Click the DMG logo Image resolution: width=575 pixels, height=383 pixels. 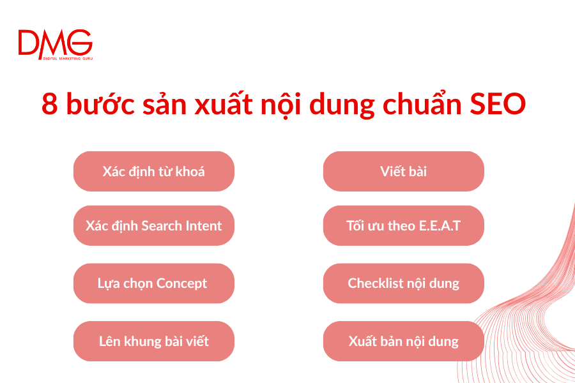coord(55,43)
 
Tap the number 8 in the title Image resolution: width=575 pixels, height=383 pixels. coord(49,103)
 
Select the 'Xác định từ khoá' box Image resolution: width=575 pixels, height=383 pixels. coord(153,171)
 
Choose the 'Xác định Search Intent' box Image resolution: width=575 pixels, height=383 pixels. coord(153,225)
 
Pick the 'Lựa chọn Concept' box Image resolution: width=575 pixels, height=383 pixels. coord(153,283)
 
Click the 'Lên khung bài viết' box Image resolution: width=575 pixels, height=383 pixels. coord(153,341)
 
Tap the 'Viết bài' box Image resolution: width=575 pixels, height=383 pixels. coord(403,171)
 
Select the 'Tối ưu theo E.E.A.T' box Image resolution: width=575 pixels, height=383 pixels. coord(403,225)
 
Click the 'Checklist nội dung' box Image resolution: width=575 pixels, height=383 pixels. coord(403,283)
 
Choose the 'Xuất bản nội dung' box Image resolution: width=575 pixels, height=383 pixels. coord(403,341)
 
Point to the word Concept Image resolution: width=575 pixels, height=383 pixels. coord(181,283)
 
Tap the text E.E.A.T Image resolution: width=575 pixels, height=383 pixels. coord(438,225)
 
